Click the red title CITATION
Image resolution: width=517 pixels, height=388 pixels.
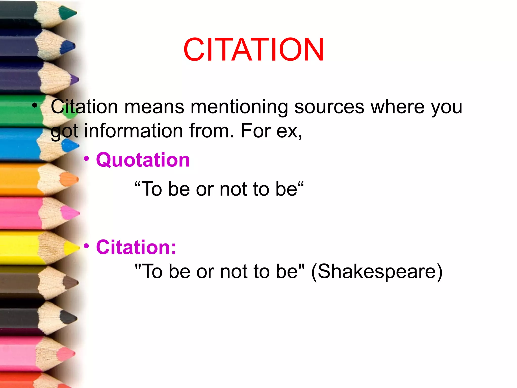tap(254, 50)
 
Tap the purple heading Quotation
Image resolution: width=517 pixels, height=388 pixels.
tap(143, 160)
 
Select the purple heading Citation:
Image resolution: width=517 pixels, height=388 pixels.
tap(136, 247)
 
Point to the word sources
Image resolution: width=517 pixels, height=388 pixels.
tap(329, 107)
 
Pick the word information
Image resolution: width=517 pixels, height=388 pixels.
tap(134, 131)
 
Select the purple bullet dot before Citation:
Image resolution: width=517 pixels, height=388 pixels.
tap(86, 246)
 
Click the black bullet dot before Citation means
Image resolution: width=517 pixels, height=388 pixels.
tap(35, 105)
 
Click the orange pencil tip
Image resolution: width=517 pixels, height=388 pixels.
tap(69, 179)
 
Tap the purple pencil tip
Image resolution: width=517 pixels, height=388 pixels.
tap(75, 80)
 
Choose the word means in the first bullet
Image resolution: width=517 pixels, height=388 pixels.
tap(154, 107)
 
